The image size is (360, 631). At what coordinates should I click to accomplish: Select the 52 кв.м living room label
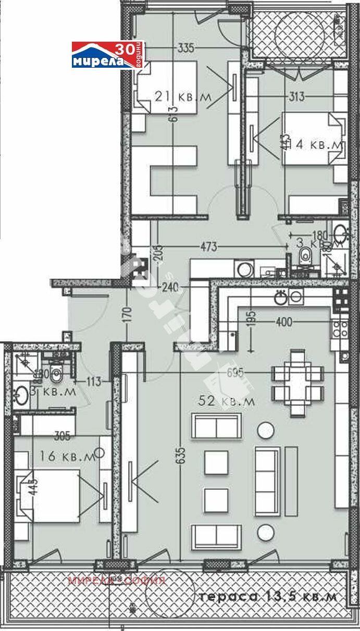(226, 401)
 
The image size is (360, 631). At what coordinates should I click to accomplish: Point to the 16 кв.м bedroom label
(68, 456)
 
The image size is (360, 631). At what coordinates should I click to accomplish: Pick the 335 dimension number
(185, 48)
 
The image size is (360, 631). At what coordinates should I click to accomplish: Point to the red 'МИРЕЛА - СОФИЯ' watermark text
(117, 580)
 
